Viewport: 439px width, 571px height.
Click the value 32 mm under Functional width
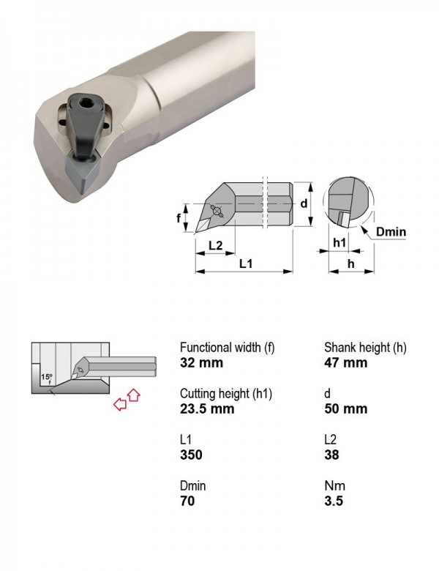pyautogui.click(x=201, y=362)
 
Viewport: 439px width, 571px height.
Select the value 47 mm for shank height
pyautogui.click(x=346, y=362)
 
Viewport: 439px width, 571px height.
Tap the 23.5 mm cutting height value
pyautogui.click(x=207, y=408)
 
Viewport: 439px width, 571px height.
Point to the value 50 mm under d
pyautogui.click(x=346, y=408)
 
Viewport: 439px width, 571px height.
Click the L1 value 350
pyautogui.click(x=191, y=455)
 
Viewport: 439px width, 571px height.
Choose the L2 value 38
pyautogui.click(x=331, y=455)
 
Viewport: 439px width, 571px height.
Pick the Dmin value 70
pyautogui.click(x=187, y=501)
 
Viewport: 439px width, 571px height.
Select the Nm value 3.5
pyautogui.click(x=334, y=501)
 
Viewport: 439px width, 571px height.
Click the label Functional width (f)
pyautogui.click(x=227, y=348)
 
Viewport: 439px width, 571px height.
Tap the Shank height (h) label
pyautogui.click(x=365, y=348)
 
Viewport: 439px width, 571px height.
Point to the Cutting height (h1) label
pyautogui.click(x=226, y=394)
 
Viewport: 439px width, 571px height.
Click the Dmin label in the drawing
pyautogui.click(x=391, y=231)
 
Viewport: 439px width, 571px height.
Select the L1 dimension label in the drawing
pyautogui.click(x=246, y=264)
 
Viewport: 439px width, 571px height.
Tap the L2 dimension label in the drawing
pyautogui.click(x=216, y=245)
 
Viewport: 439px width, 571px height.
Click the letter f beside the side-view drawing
pyautogui.click(x=179, y=217)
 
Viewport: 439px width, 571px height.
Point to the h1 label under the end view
pyautogui.click(x=339, y=242)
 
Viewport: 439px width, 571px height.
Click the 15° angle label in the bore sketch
pyautogui.click(x=47, y=377)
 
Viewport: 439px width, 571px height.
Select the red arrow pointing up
pyautogui.click(x=134, y=395)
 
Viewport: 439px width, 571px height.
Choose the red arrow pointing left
pyautogui.click(x=120, y=404)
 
